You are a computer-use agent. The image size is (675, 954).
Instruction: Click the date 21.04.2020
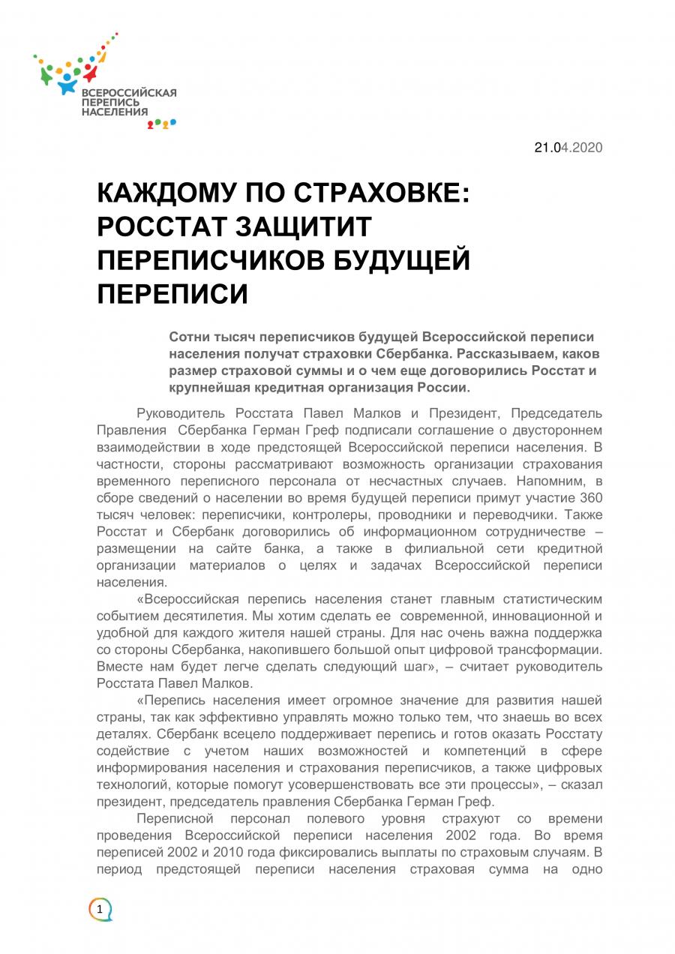pos(568,148)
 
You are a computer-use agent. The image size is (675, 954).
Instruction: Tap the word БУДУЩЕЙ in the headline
pos(401,260)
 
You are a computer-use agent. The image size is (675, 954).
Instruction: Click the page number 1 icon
pos(99,910)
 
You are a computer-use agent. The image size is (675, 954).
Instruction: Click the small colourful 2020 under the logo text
pos(161,123)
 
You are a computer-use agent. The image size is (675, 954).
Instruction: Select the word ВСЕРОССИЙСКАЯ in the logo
pos(128,92)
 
